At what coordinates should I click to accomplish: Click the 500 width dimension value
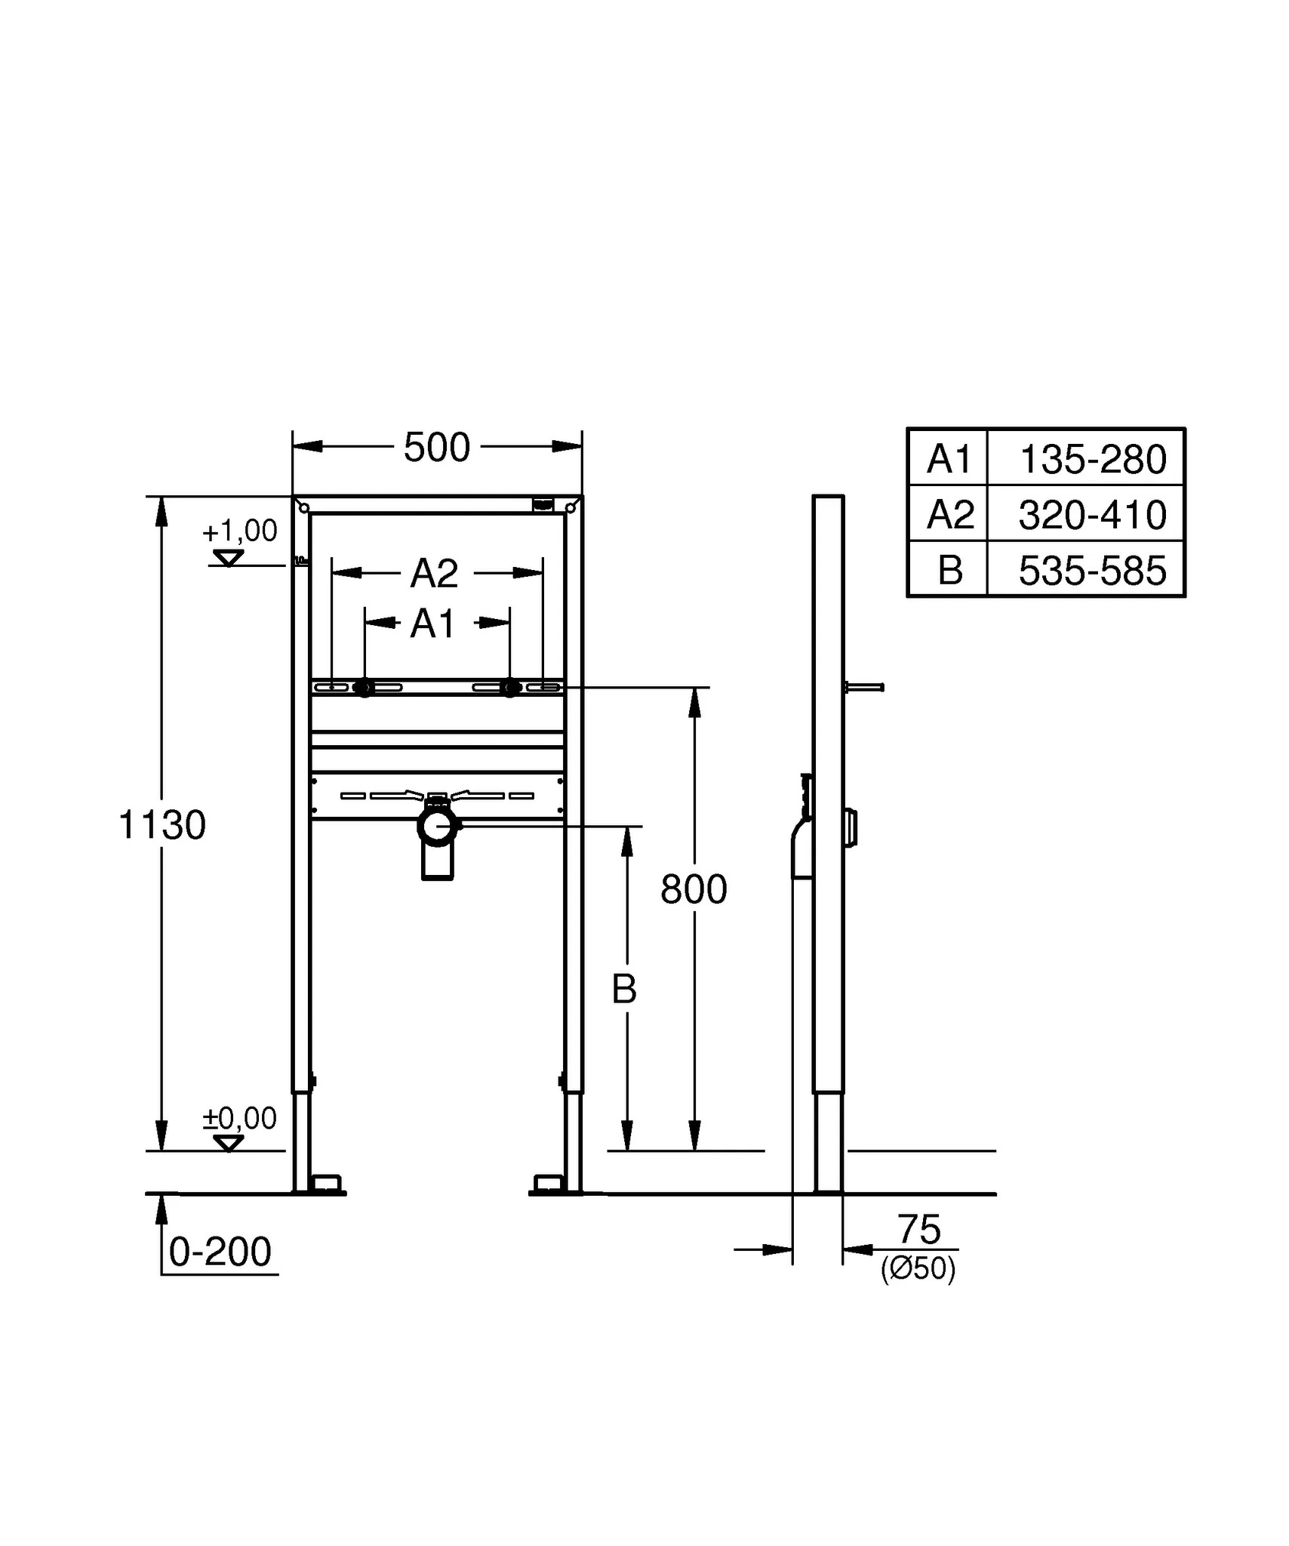point(436,448)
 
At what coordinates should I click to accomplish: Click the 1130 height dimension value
point(162,825)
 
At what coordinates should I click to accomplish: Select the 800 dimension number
point(693,889)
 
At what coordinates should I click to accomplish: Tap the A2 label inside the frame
point(434,574)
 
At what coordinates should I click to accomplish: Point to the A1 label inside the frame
point(433,624)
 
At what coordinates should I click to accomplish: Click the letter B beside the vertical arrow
point(623,989)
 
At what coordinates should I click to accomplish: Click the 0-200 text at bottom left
point(220,1252)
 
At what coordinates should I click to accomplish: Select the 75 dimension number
point(918,1230)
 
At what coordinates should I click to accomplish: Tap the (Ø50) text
point(918,1269)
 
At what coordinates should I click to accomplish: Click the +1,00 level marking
point(239,531)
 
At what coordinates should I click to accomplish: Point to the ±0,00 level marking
point(239,1118)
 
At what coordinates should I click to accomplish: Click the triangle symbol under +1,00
point(228,559)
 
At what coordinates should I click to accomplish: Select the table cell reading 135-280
point(1092,459)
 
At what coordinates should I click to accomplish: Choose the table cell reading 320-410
point(1092,515)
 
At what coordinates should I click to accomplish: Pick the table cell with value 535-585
point(1092,571)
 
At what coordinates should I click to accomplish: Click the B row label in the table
point(949,571)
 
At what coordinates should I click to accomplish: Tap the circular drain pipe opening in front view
point(437,827)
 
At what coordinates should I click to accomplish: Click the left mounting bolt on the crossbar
point(365,688)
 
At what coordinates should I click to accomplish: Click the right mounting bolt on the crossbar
point(511,688)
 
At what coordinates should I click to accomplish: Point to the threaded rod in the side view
point(864,687)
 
